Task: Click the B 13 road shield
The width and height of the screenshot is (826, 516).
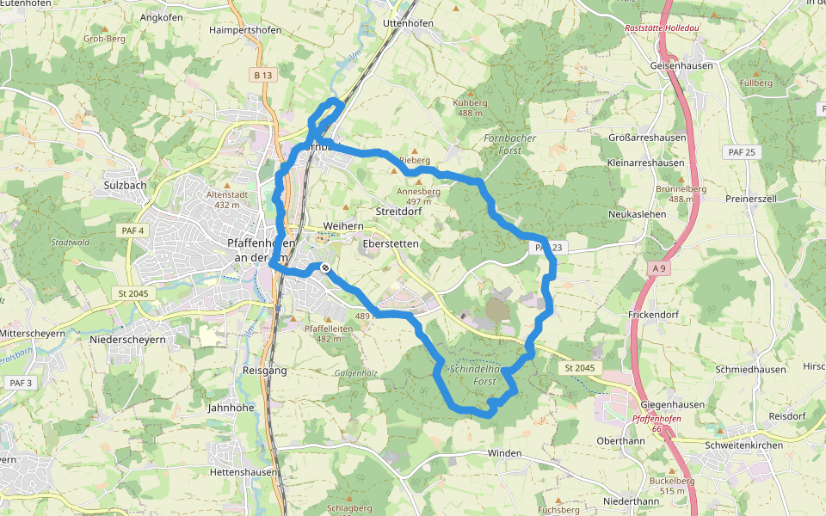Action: click(x=263, y=76)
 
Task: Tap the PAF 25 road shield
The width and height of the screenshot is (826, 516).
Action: click(x=739, y=152)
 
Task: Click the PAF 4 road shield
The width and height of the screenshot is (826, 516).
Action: click(x=133, y=230)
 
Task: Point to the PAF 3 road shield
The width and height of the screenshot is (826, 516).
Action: click(x=19, y=382)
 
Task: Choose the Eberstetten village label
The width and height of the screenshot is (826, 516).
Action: click(x=391, y=244)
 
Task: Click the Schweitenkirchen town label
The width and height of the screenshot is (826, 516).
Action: click(x=744, y=445)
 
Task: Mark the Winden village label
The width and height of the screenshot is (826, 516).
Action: click(x=504, y=452)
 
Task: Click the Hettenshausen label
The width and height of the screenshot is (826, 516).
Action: click(x=243, y=472)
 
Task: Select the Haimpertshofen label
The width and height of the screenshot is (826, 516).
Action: click(x=245, y=30)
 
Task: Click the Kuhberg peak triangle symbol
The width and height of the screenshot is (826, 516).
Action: click(x=468, y=90)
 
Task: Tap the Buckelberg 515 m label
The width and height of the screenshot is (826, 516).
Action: click(x=673, y=485)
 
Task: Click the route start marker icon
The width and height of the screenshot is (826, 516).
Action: click(x=326, y=268)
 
